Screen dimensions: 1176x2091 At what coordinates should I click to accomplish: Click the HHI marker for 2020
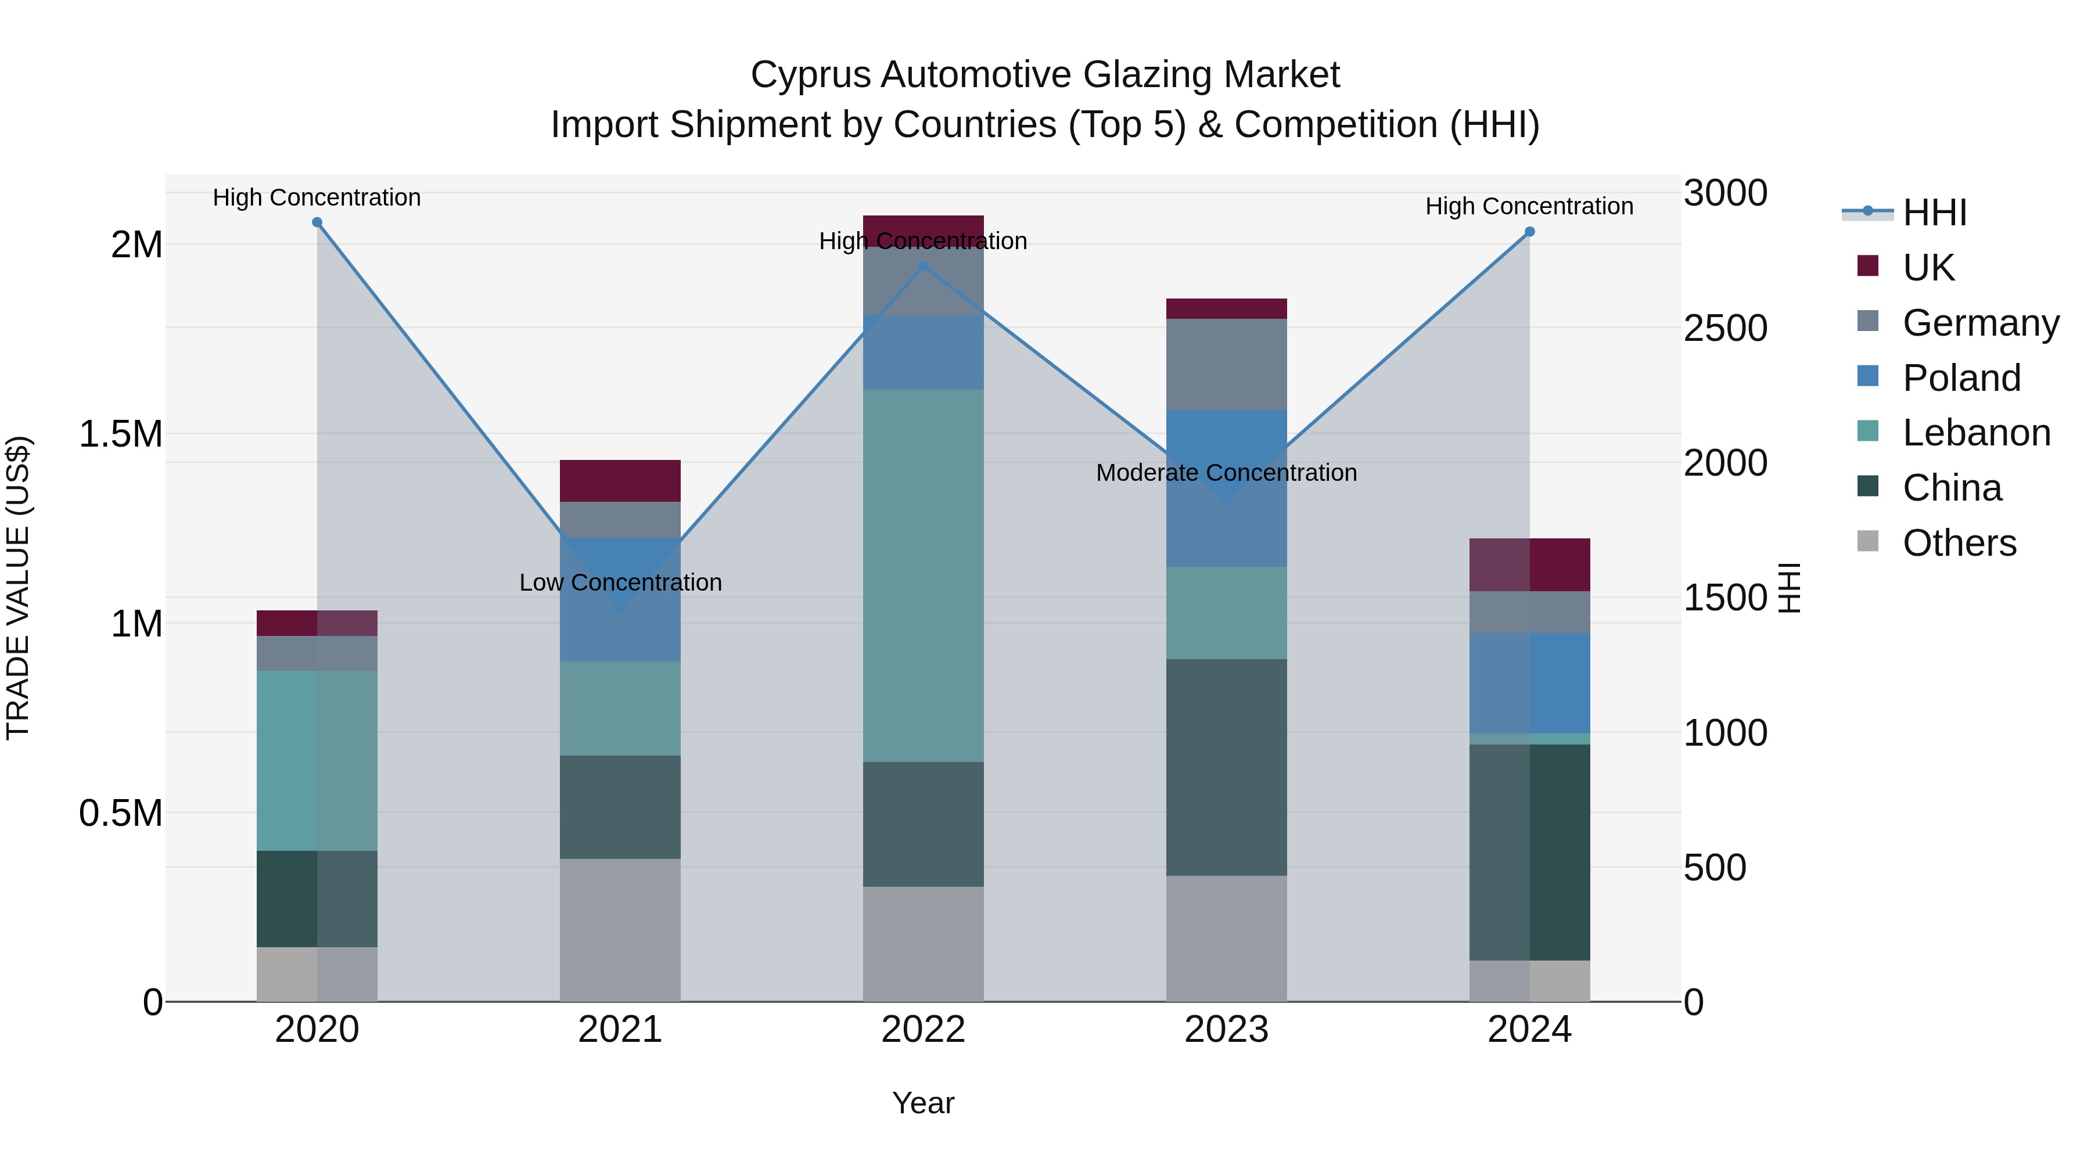[317, 222]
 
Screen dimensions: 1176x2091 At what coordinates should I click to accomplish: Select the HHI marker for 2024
[1529, 231]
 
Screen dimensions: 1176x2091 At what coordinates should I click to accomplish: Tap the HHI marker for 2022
[923, 266]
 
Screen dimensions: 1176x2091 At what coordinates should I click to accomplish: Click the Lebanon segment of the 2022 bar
[923, 576]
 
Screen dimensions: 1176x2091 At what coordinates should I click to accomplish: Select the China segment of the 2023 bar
[1227, 767]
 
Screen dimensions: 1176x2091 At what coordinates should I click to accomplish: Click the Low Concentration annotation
[620, 582]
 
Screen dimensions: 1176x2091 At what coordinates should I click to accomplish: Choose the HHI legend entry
[1934, 213]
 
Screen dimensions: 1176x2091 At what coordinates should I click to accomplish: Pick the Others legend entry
[1958, 543]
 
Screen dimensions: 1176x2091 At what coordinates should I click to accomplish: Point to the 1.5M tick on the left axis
[120, 434]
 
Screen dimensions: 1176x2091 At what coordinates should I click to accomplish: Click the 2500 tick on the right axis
[1725, 328]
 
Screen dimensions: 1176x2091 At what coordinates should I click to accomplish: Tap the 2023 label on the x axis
[1227, 1030]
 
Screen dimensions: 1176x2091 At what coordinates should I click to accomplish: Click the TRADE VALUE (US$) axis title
[18, 588]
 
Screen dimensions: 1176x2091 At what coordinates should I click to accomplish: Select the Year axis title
[923, 1103]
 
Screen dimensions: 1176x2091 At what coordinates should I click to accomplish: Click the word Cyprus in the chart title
[809, 75]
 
